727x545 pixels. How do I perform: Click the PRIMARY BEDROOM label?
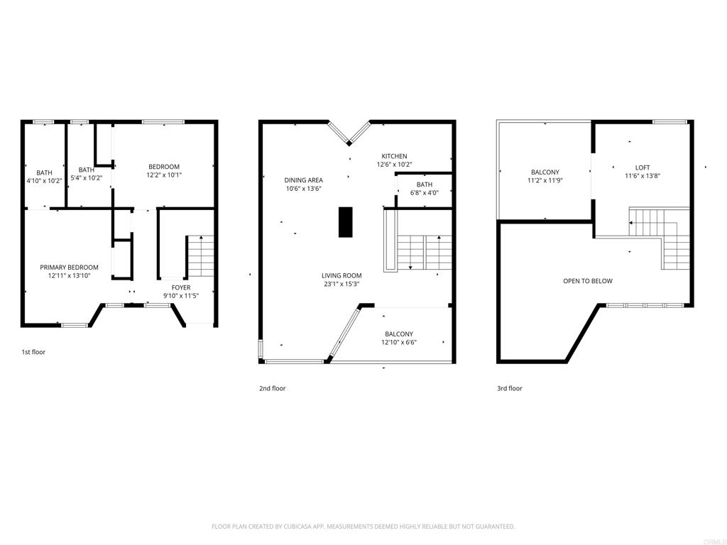coord(69,268)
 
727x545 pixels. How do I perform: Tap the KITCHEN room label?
coord(394,156)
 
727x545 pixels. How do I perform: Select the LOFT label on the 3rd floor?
coord(643,167)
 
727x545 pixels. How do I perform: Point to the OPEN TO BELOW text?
coord(587,281)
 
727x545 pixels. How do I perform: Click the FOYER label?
coord(181,287)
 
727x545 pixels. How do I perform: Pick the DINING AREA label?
coord(304,180)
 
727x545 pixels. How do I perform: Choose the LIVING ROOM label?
coord(341,275)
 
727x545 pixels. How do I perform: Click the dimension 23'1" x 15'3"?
coord(341,284)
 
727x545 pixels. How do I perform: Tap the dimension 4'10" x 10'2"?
coord(44,181)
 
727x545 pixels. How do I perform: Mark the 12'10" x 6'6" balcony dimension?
coord(399,343)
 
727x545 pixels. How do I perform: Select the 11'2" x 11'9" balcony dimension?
coord(545,180)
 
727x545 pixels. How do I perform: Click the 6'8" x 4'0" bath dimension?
coord(425,193)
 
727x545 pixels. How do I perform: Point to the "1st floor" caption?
coord(33,352)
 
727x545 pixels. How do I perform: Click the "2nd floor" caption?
coord(272,388)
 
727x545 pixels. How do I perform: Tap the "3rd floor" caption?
coord(510,388)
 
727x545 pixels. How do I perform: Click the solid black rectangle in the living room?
coord(345,222)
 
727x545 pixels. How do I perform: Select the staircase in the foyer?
coord(201,256)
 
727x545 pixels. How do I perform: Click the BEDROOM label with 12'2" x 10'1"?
coord(164,167)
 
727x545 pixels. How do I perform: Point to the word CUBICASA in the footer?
coord(297,527)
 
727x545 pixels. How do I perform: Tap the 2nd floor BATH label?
coord(425,185)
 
